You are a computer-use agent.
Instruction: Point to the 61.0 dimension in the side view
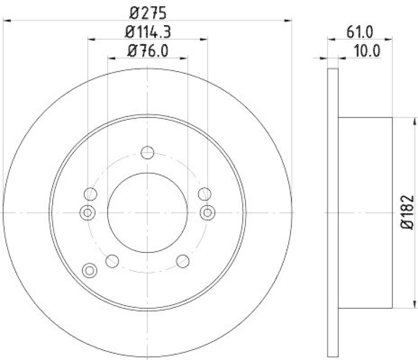[x=360, y=32]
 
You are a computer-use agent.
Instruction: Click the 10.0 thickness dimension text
[x=366, y=51]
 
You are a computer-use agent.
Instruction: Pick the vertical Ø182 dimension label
[x=408, y=212]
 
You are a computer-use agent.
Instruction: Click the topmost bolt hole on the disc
[x=148, y=153]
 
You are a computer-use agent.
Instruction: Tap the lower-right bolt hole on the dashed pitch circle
[x=183, y=260]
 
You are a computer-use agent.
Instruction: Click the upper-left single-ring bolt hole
[x=91, y=194]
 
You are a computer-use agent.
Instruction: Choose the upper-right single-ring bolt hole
[x=204, y=194]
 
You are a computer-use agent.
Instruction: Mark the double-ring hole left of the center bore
[x=87, y=212]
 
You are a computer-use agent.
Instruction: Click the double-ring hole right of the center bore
[x=208, y=212]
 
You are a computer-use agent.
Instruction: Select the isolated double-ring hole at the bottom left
[x=90, y=270]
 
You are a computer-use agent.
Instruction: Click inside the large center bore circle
[x=148, y=212]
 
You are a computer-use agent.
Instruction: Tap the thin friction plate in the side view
[x=333, y=212]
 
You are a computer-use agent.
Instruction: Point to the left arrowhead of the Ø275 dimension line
[x=7, y=20]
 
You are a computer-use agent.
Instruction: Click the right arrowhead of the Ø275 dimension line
[x=288, y=20]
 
